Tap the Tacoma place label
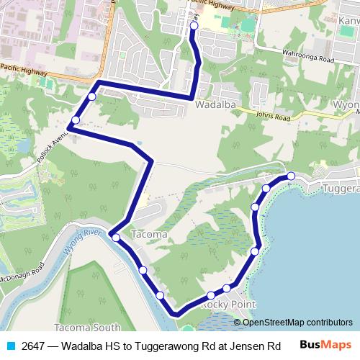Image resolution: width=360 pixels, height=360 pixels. pyautogui.click(x=150, y=235)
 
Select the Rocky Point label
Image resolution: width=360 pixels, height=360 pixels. pyautogui.click(x=228, y=305)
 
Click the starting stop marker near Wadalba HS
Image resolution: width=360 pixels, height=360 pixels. pyautogui.click(x=194, y=27)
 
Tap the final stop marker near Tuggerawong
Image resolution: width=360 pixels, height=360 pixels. pyautogui.click(x=291, y=176)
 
